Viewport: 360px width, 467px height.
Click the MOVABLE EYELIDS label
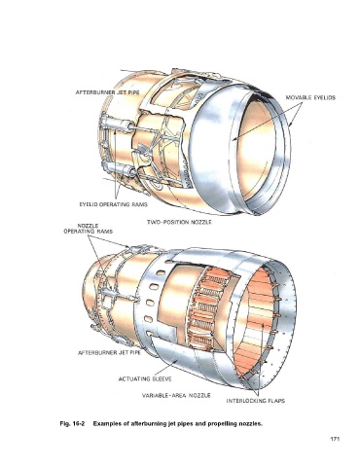point(310,97)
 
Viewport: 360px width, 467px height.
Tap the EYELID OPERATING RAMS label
point(114,204)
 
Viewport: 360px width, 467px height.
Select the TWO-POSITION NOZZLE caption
point(179,222)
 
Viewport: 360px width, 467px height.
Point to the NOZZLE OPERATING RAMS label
point(88,229)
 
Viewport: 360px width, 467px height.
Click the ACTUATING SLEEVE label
point(145,378)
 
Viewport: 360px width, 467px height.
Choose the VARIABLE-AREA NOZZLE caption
point(176,396)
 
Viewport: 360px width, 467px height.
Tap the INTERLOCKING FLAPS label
point(256,401)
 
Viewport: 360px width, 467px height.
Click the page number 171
point(335,439)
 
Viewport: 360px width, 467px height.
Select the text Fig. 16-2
point(72,424)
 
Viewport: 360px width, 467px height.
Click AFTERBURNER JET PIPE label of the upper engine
point(108,92)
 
